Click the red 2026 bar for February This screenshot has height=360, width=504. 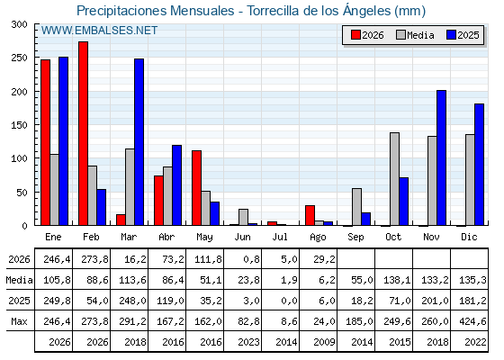coord(83,133)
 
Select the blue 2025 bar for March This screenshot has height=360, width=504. coord(139,142)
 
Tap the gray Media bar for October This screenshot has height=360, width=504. coord(395,179)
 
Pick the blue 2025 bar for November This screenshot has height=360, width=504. coord(442,157)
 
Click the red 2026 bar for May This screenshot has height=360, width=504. coord(197,188)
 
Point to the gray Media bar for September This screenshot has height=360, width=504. coord(356,207)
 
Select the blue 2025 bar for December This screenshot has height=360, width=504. coord(479,165)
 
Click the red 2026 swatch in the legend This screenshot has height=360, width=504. coord(355,35)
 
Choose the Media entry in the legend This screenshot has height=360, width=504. coord(415,35)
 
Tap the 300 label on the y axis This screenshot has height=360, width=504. coord(19,24)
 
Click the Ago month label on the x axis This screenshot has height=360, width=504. coord(318,238)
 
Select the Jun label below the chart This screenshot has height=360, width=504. coord(242,238)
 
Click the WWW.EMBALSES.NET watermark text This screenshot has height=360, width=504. coord(99,31)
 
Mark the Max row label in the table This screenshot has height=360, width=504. coord(19,321)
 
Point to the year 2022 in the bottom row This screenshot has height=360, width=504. coord(475,342)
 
